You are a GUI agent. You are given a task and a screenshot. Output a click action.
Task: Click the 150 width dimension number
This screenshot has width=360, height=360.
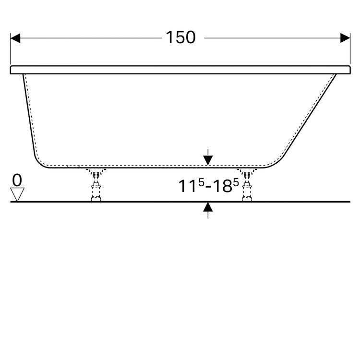pyautogui.click(x=181, y=37)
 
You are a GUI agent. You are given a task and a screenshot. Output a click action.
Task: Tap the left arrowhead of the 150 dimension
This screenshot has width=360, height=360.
pyautogui.click(x=15, y=37)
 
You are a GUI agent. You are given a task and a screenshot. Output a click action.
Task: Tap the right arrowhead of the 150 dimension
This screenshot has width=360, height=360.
pyautogui.click(x=346, y=37)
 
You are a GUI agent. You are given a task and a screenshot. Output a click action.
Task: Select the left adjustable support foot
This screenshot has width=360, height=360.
pyautogui.click(x=96, y=186)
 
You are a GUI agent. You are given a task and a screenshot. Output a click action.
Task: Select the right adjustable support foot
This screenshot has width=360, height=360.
pyautogui.click(x=248, y=186)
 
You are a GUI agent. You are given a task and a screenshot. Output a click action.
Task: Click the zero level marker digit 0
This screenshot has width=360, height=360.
pyautogui.click(x=17, y=180)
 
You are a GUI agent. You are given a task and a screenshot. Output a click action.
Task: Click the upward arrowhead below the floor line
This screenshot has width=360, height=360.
pyautogui.click(x=208, y=207)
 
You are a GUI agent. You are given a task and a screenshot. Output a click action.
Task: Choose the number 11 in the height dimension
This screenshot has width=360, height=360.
pyautogui.click(x=186, y=187)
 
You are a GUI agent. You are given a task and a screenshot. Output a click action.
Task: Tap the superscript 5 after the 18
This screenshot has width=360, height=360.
pyautogui.click(x=236, y=183)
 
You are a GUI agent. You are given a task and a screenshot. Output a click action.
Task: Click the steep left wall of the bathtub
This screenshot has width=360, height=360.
pyautogui.click(x=27, y=115)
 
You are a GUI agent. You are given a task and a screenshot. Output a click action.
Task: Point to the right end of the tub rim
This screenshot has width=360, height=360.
pyautogui.click(x=348, y=70)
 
